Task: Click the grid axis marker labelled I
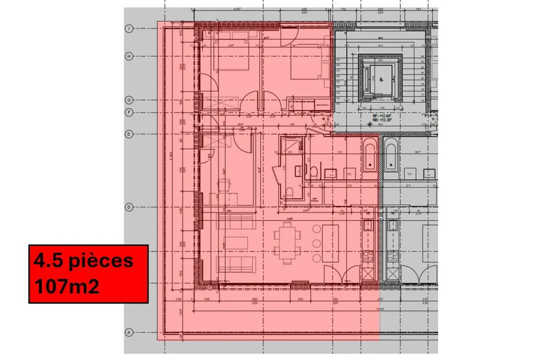click(129, 28)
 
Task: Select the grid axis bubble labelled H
click(129, 56)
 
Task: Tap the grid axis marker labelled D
click(129, 207)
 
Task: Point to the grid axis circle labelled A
click(129, 333)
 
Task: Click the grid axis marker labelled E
click(129, 134)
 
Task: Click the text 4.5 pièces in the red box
click(83, 261)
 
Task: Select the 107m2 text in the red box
click(67, 286)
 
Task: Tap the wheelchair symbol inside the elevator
click(381, 80)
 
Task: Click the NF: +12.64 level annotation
click(381, 115)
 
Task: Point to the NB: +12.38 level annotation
click(381, 119)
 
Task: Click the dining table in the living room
click(287, 243)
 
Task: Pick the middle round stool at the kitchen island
click(316, 243)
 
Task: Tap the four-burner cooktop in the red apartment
click(368, 255)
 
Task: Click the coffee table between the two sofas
click(236, 243)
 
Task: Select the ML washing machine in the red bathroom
click(349, 174)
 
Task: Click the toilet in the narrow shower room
click(290, 192)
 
